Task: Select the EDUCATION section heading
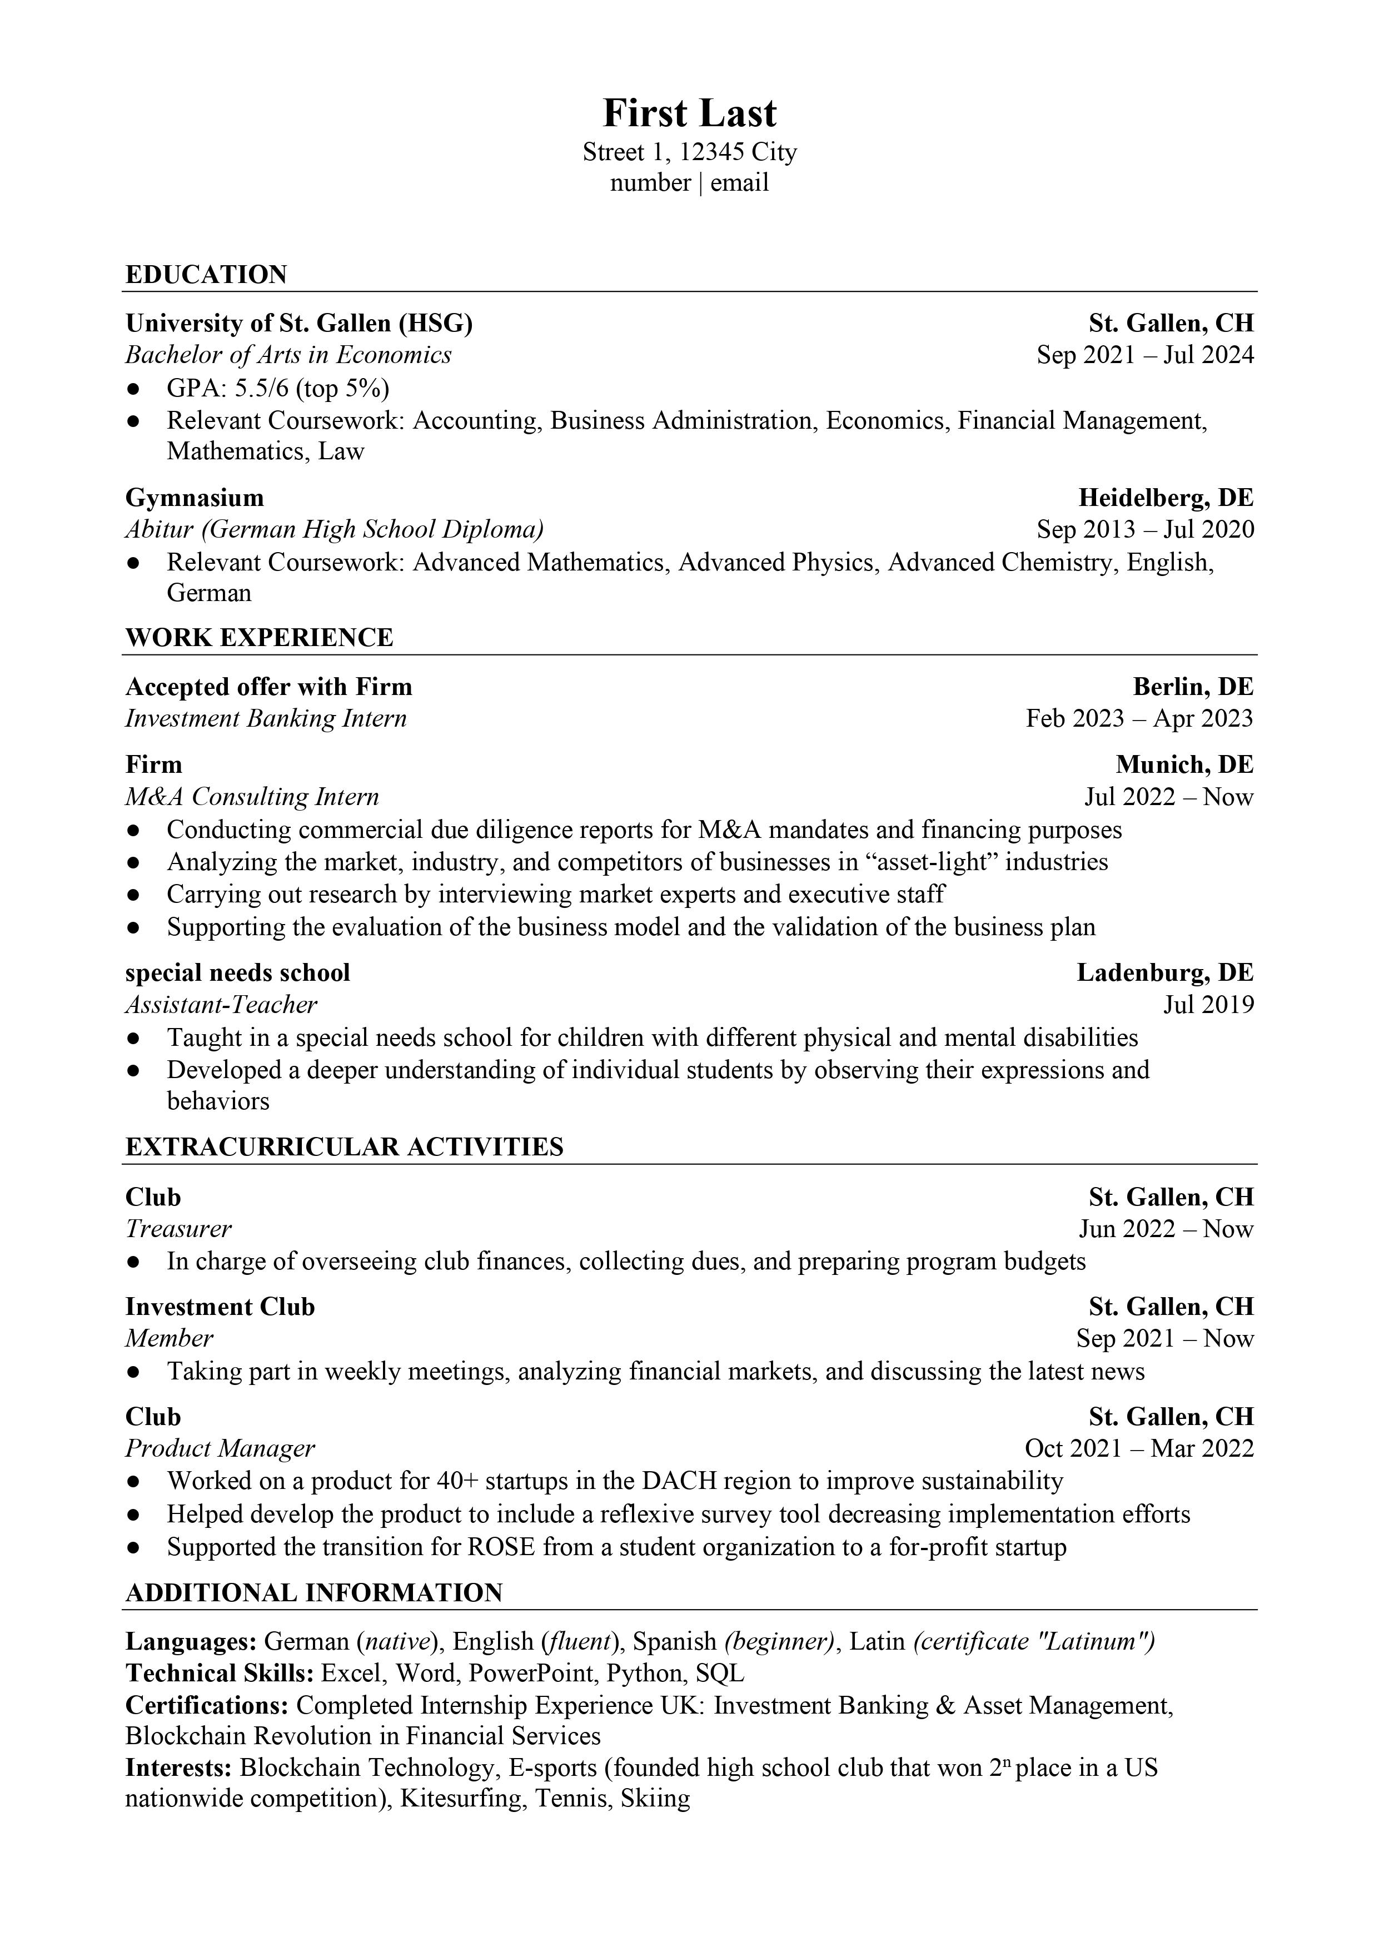(206, 275)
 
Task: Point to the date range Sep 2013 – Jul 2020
(1144, 529)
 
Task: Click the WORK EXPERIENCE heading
(259, 637)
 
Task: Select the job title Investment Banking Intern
(266, 719)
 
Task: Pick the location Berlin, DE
(1193, 687)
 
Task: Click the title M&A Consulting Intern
(251, 797)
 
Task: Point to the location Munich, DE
(1184, 764)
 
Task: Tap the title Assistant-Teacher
(221, 1005)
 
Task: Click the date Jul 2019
(1208, 1005)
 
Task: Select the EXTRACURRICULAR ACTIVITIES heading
(344, 1147)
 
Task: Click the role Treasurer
(178, 1229)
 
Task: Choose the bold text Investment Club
(220, 1307)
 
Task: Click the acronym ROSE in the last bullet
(501, 1547)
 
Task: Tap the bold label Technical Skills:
(220, 1674)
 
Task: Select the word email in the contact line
(739, 183)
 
